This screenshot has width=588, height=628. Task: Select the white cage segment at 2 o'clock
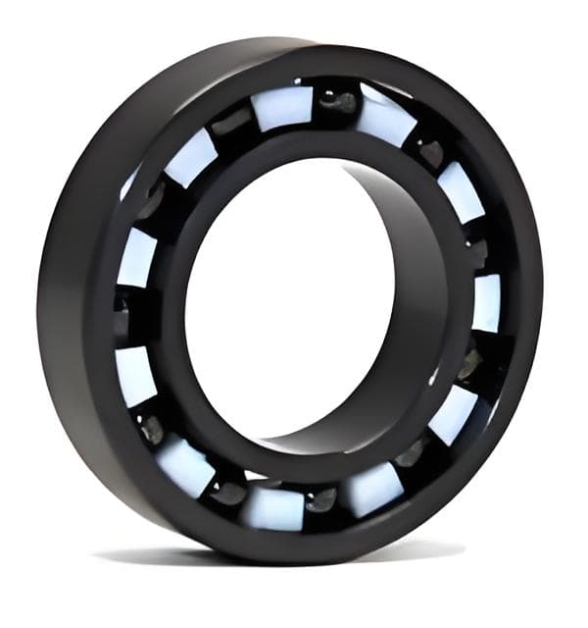pyautogui.click(x=460, y=191)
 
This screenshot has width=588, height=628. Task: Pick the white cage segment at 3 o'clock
pyautogui.click(x=486, y=303)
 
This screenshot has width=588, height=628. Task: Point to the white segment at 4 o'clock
pyautogui.click(x=453, y=413)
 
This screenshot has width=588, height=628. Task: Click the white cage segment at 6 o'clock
pyautogui.click(x=273, y=507)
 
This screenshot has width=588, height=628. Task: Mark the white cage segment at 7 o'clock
pyautogui.click(x=185, y=465)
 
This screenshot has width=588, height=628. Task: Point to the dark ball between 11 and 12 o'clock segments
pyautogui.click(x=232, y=123)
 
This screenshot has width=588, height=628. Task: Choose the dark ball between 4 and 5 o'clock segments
pyautogui.click(x=411, y=453)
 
